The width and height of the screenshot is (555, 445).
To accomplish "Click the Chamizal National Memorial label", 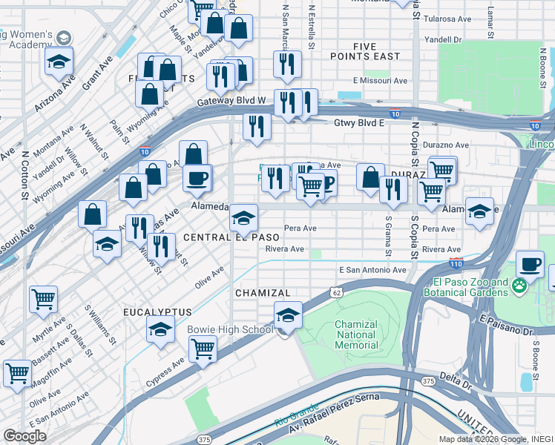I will (x=357, y=334).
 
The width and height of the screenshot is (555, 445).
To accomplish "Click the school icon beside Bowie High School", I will (x=287, y=315).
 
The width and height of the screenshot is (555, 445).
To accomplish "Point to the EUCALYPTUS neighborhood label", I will (x=157, y=312).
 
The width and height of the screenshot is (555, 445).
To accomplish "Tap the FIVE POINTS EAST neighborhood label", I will (x=376, y=51).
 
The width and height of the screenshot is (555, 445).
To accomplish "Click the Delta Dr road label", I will (x=456, y=386).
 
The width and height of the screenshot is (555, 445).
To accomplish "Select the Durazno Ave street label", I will (x=446, y=145).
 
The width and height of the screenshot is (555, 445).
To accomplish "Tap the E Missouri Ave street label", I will (x=381, y=80).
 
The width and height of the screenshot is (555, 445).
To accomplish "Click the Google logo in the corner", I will (x=24, y=435).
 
